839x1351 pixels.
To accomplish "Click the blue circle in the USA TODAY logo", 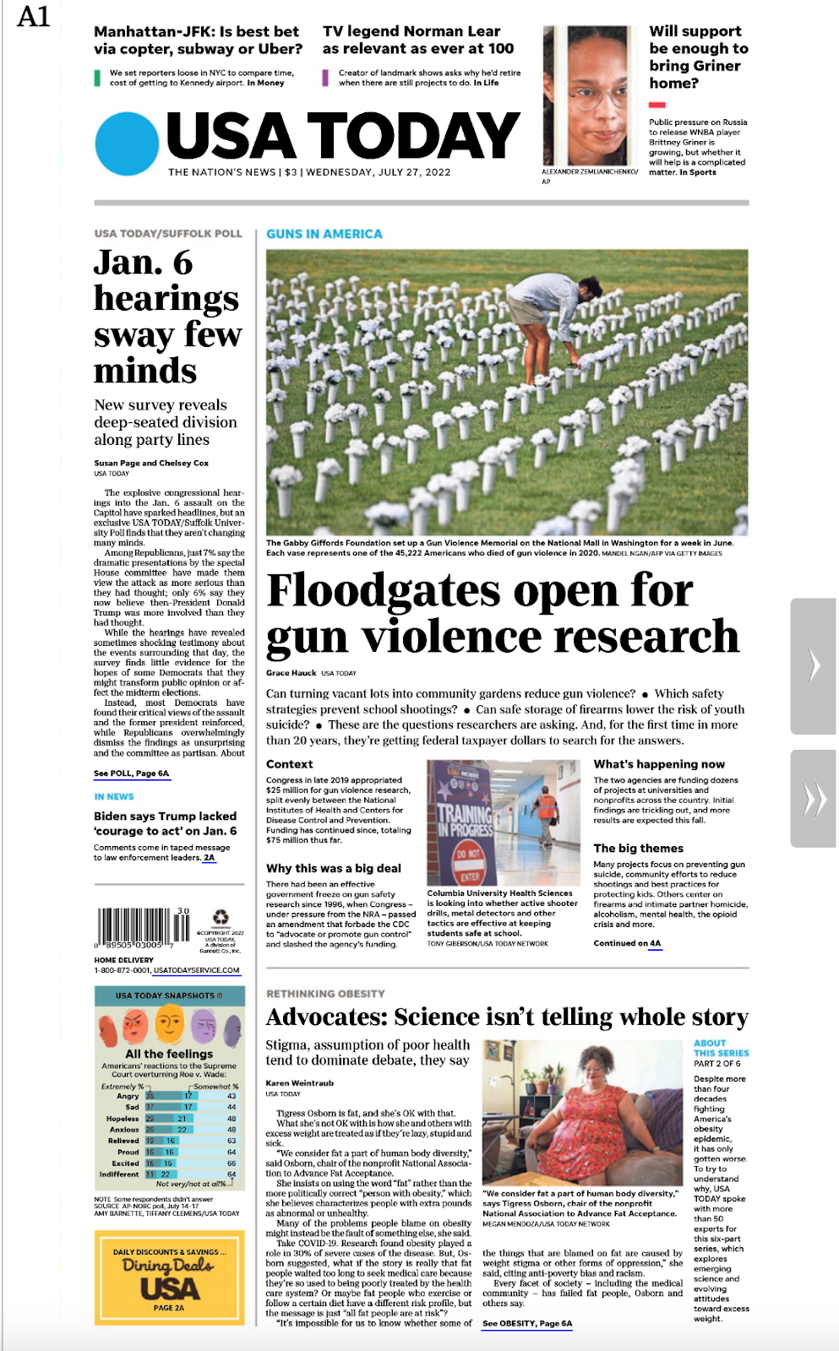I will click(x=127, y=144).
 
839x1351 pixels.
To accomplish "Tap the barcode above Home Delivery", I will click(x=134, y=928).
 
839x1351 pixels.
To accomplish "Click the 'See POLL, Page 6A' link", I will click(x=131, y=773).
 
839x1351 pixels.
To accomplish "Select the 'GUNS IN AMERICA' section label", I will click(x=324, y=234).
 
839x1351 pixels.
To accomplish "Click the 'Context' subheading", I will click(x=290, y=764).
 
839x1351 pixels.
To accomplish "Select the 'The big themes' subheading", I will click(x=638, y=849).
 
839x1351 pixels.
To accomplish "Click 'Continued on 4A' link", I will click(x=627, y=943).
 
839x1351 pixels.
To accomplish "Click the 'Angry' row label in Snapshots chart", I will click(x=128, y=1096).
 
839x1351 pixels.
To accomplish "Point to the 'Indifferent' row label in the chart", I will click(x=119, y=1175).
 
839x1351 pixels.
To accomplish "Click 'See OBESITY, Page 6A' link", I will click(x=527, y=1323).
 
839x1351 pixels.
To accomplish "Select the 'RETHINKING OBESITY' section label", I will click(x=325, y=994).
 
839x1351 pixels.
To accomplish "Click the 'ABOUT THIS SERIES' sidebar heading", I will click(x=721, y=1048).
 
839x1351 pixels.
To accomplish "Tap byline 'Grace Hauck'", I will click(x=291, y=673).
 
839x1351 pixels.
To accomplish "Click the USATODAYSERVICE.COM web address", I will click(x=196, y=970).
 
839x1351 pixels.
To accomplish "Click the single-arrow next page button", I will click(x=813, y=665).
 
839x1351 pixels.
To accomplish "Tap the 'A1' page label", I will click(x=34, y=17).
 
